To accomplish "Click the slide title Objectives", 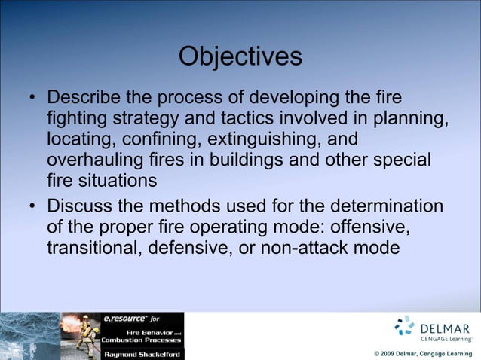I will tap(240, 57).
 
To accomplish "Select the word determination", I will tap(378, 206).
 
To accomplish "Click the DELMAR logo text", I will tap(447, 329).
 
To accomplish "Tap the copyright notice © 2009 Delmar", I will tap(423, 353).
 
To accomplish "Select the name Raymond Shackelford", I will tap(142, 352).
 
